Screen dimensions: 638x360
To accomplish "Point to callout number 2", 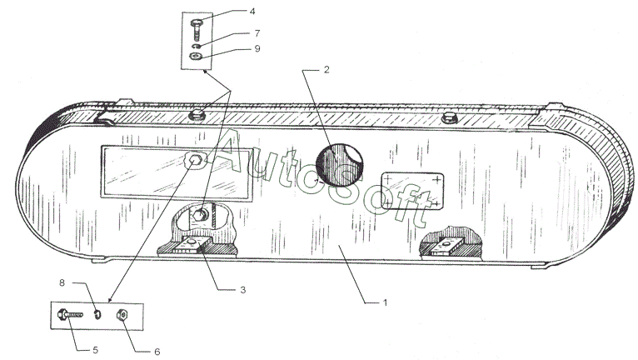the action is (326, 69).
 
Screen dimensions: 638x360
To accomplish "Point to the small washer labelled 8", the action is (97, 315).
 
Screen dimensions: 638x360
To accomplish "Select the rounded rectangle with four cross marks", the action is (411, 190).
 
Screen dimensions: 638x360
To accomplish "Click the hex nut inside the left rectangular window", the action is (196, 161).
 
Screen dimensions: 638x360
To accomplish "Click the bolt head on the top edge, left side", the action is (199, 112).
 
